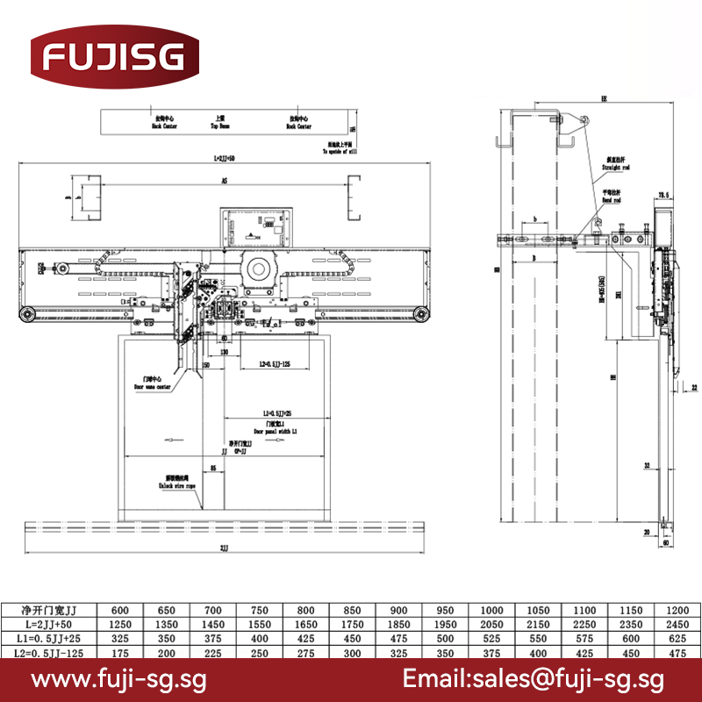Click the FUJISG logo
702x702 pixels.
tap(109, 58)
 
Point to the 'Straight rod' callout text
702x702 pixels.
tap(614, 164)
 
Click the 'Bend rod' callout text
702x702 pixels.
tap(612, 197)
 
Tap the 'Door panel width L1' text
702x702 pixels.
tap(276, 429)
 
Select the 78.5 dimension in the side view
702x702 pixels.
tap(663, 194)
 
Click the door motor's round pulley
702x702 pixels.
tap(259, 269)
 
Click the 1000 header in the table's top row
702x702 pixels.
tap(491, 610)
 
